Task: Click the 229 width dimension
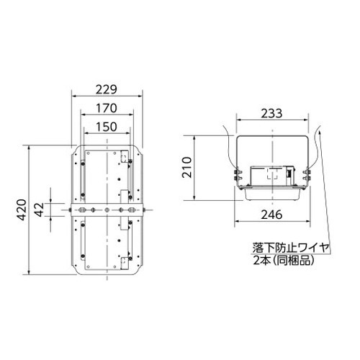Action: click(107, 90)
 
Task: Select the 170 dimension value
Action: click(107, 108)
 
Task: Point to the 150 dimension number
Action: click(107, 127)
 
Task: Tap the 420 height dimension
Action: click(22, 210)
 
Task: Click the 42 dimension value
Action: click(40, 210)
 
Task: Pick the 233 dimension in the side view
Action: click(271, 114)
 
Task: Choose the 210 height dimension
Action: click(187, 167)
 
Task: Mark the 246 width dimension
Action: click(272, 215)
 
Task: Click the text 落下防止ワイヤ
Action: click(290, 248)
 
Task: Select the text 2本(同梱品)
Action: click(284, 260)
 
